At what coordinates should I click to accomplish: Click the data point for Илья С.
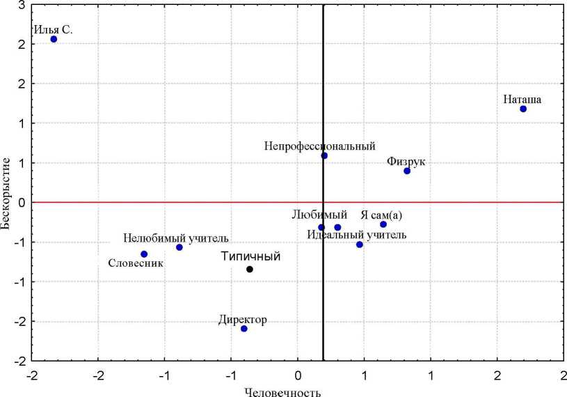pyautogui.click(x=54, y=39)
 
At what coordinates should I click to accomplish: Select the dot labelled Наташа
pyautogui.click(x=523, y=109)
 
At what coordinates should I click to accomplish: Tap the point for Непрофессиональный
pyautogui.click(x=324, y=155)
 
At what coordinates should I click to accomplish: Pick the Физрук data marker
pyautogui.click(x=407, y=171)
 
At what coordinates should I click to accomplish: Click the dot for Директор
pyautogui.click(x=243, y=329)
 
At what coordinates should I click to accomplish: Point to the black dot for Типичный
pyautogui.click(x=250, y=269)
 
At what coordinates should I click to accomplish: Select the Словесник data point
pyautogui.click(x=144, y=254)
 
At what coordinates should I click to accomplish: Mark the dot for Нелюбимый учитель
pyautogui.click(x=179, y=247)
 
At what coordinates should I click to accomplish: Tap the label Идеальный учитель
pyautogui.click(x=356, y=235)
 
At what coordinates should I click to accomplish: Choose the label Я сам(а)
pyautogui.click(x=383, y=215)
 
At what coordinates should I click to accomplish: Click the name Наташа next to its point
pyautogui.click(x=522, y=99)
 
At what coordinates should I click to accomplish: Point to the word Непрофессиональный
pyautogui.click(x=319, y=146)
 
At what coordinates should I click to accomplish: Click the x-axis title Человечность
pyautogui.click(x=282, y=391)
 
